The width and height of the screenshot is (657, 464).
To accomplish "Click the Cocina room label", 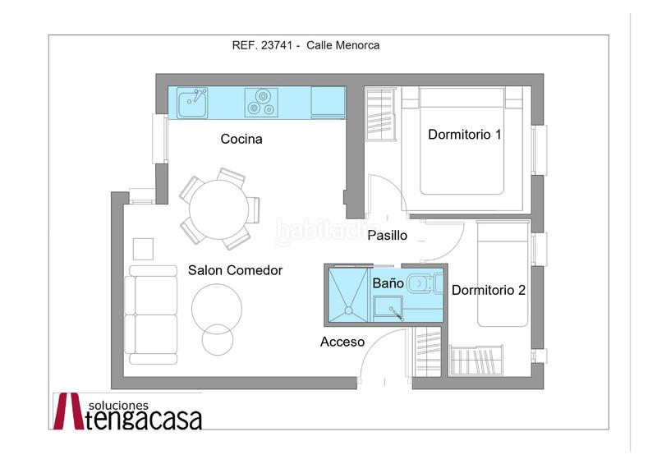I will pyautogui.click(x=241, y=140).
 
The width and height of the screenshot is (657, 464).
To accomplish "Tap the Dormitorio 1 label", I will pyautogui.click(x=464, y=134).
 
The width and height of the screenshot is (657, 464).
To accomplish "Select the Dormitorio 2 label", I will pyautogui.click(x=489, y=290).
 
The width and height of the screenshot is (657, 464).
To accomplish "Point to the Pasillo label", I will pyautogui.click(x=387, y=235).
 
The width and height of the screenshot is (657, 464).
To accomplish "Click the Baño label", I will pyautogui.click(x=388, y=283).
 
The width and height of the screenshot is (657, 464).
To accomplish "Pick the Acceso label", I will pyautogui.click(x=342, y=342).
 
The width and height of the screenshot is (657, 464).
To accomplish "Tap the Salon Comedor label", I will pyautogui.click(x=235, y=270).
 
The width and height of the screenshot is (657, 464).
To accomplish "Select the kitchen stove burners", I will pyautogui.click(x=261, y=103).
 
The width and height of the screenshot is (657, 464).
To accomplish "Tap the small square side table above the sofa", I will pyautogui.click(x=143, y=249).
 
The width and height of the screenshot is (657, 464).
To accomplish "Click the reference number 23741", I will pyautogui.click(x=276, y=46).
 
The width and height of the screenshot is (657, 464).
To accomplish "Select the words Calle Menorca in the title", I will pyautogui.click(x=343, y=46).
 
